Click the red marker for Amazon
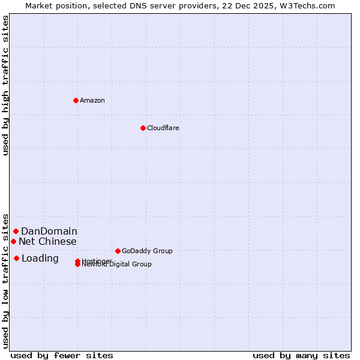(x=76, y=100)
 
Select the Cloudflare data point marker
(x=143, y=128)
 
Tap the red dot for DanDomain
(x=16, y=231)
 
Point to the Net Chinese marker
(x=13, y=241)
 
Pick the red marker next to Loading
(x=16, y=258)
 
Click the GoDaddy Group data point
(x=118, y=251)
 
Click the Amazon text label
(x=92, y=100)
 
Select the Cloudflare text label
(x=163, y=128)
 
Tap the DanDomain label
(x=49, y=231)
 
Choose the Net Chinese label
(x=47, y=241)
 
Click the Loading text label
(x=40, y=258)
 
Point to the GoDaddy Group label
(x=147, y=251)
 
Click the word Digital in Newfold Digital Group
(x=120, y=264)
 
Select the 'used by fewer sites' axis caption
(x=62, y=355)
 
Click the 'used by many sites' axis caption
(x=301, y=355)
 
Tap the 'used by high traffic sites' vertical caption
(x=5, y=85)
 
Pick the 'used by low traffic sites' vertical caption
(x=5, y=280)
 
